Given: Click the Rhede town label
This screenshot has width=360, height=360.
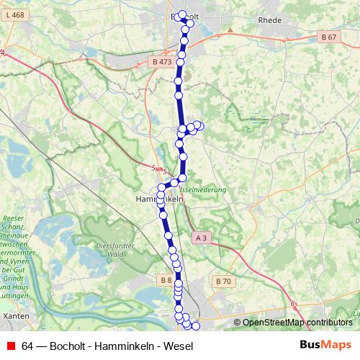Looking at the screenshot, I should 269,20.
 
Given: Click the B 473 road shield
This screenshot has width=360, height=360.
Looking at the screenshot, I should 163,62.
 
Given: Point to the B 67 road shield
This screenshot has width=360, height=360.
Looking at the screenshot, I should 329,37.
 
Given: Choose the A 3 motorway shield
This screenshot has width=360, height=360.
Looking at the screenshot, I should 201,238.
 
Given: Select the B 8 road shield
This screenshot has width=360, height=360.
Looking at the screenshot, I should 166,280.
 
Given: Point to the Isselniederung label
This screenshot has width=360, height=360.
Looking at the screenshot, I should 203,189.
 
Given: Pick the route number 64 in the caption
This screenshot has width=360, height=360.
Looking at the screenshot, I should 28,345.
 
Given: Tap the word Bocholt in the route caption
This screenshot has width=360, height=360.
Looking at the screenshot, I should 66,345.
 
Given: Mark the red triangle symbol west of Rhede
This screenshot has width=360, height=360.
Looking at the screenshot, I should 230,30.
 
